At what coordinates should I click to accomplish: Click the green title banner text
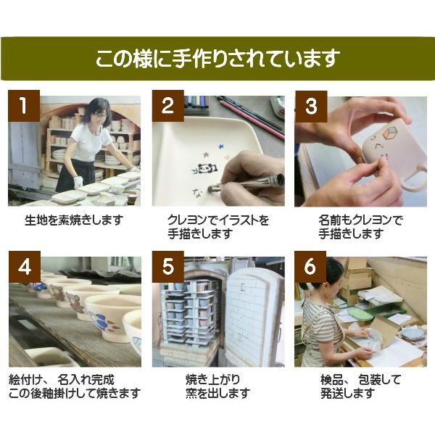pyautogui.click(x=217, y=59)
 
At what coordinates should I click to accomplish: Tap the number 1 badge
pyautogui.click(x=24, y=106)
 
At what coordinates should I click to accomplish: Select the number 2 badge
pyautogui.click(x=167, y=106)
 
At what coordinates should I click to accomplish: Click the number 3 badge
pyautogui.click(x=311, y=106)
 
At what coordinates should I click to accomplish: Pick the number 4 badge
pyautogui.click(x=24, y=267)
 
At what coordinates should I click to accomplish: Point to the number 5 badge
pyautogui.click(x=167, y=267)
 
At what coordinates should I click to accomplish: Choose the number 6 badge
pyautogui.click(x=311, y=267)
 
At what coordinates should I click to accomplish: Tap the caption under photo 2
pyautogui.click(x=217, y=227)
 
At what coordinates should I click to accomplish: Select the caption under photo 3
pyautogui.click(x=360, y=227)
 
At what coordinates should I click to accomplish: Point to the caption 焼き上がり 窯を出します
pyautogui.click(x=217, y=386)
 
